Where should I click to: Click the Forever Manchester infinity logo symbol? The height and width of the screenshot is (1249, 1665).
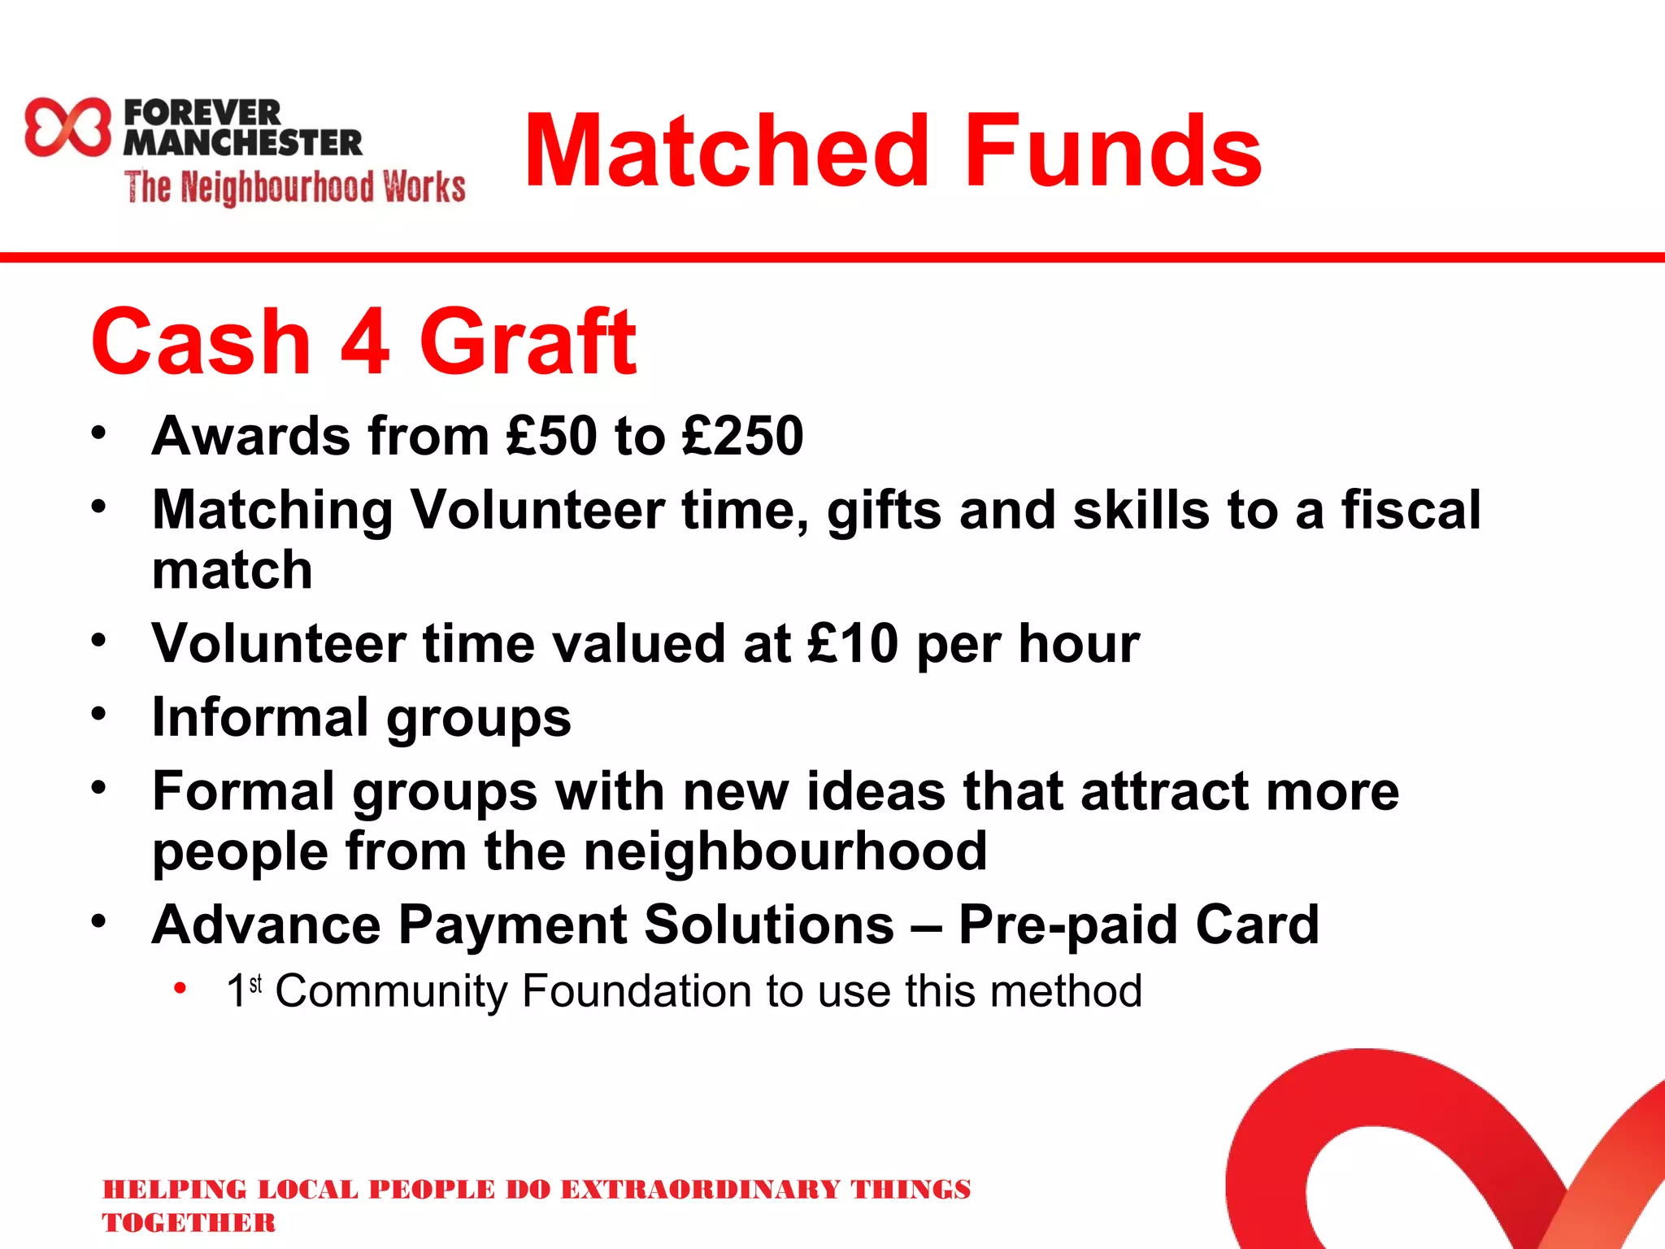(67, 127)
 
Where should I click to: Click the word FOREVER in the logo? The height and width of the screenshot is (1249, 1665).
(202, 113)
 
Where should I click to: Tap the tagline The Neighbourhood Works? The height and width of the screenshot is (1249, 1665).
(295, 187)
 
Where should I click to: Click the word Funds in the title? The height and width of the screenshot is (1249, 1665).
(1113, 151)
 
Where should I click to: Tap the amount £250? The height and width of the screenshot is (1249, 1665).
(742, 436)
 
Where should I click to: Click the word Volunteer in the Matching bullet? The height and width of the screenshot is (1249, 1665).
(537, 511)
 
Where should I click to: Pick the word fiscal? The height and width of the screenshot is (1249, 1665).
(1411, 511)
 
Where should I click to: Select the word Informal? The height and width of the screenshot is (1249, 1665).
(260, 718)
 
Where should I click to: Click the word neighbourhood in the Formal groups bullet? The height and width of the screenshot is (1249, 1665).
(785, 851)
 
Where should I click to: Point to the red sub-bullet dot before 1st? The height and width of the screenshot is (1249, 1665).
(180, 989)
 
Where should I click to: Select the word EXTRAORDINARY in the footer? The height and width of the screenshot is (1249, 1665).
(700, 1190)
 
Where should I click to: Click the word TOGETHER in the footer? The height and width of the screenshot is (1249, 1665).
(189, 1223)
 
